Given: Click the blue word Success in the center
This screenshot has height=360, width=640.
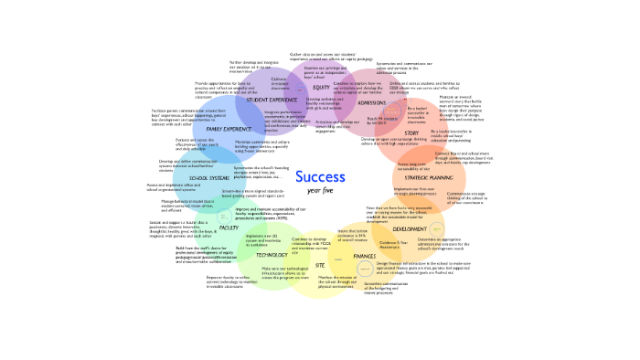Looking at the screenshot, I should (x=320, y=176).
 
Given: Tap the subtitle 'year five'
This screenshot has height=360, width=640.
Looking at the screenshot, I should (x=320, y=191).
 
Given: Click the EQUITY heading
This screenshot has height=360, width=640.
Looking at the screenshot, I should (x=321, y=88).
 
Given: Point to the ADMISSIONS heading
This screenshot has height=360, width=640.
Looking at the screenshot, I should (x=370, y=102).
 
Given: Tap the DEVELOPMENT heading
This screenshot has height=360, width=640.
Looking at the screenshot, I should (x=409, y=228).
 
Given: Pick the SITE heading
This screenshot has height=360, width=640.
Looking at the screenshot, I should (x=320, y=265).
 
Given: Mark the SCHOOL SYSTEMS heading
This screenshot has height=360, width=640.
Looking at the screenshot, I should (x=209, y=178).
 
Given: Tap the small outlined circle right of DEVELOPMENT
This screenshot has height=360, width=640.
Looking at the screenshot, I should (x=436, y=228).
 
